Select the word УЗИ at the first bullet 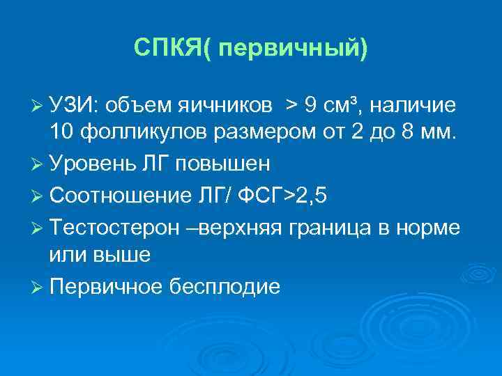(75, 105)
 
